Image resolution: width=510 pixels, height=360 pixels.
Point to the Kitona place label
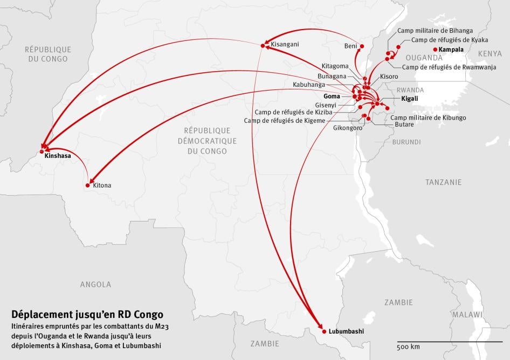coord(102,185)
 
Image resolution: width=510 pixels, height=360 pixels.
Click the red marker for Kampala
coord(436,50)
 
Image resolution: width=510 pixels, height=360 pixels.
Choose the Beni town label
coord(350,46)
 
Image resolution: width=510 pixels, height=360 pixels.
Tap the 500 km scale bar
coord(450,342)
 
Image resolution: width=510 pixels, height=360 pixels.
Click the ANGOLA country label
coord(95,284)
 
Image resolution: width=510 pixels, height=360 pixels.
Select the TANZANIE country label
coord(443,182)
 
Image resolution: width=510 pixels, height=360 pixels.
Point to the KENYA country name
coord(490,53)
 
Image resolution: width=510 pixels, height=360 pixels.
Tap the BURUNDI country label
coord(406,142)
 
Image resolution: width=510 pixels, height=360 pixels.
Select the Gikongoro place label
coord(348,128)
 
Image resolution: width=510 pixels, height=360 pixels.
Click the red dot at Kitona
coord(88,185)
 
